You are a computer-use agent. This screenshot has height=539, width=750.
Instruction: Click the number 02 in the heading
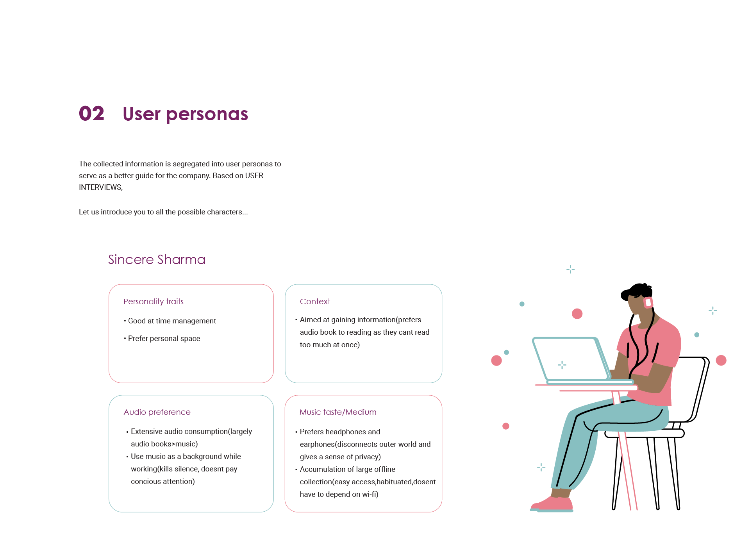(91, 114)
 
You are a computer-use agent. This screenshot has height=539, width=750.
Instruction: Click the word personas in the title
(207, 114)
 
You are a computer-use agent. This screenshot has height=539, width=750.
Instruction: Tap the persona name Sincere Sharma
(156, 259)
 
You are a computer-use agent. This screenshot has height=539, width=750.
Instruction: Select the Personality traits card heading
(153, 302)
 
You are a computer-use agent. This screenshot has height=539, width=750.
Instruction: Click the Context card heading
(315, 302)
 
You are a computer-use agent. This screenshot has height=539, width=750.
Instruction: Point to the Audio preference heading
(157, 412)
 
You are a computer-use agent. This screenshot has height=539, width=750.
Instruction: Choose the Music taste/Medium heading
(338, 412)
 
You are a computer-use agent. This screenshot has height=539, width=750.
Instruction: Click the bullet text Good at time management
(172, 321)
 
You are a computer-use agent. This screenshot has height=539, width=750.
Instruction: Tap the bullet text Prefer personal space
(164, 339)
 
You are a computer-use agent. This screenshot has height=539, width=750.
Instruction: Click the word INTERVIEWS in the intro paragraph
(100, 187)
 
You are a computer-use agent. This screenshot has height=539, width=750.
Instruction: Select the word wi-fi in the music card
(369, 494)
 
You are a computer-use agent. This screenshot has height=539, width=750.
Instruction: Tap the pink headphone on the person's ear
(648, 302)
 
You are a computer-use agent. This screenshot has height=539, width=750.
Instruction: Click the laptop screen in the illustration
(568, 359)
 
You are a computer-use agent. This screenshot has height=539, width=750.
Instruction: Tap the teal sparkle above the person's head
(570, 269)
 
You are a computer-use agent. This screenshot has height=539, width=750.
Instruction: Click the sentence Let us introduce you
(163, 212)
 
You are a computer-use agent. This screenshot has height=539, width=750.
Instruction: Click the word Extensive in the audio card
(146, 432)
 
